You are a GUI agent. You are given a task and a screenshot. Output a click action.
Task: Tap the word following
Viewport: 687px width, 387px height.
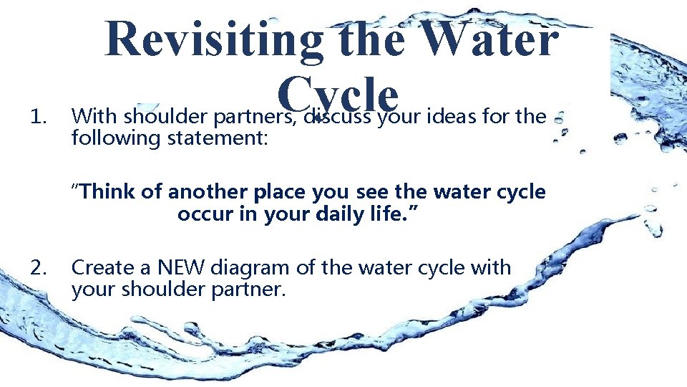pos(116,138)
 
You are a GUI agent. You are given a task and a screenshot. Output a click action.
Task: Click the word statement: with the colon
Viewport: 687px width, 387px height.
pos(218,138)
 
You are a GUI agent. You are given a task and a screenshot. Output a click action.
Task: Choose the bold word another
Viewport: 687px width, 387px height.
pos(206,192)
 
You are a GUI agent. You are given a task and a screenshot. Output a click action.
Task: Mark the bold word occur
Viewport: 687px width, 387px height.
pos(202,214)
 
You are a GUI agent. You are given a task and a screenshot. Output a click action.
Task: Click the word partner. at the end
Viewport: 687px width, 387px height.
pos(243,290)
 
